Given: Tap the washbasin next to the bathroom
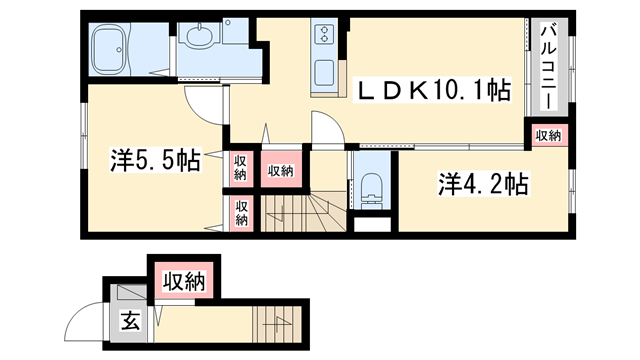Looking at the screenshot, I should [198, 39].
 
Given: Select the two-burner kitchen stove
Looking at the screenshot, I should [326, 35].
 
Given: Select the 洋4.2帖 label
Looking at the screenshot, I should [482, 184].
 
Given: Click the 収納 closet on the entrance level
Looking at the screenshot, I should [184, 281].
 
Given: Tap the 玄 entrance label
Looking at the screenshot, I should [130, 322].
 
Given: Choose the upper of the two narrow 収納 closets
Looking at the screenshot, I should [241, 167].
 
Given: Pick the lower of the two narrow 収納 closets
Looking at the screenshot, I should [241, 213].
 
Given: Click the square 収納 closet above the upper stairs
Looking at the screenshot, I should [281, 170].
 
